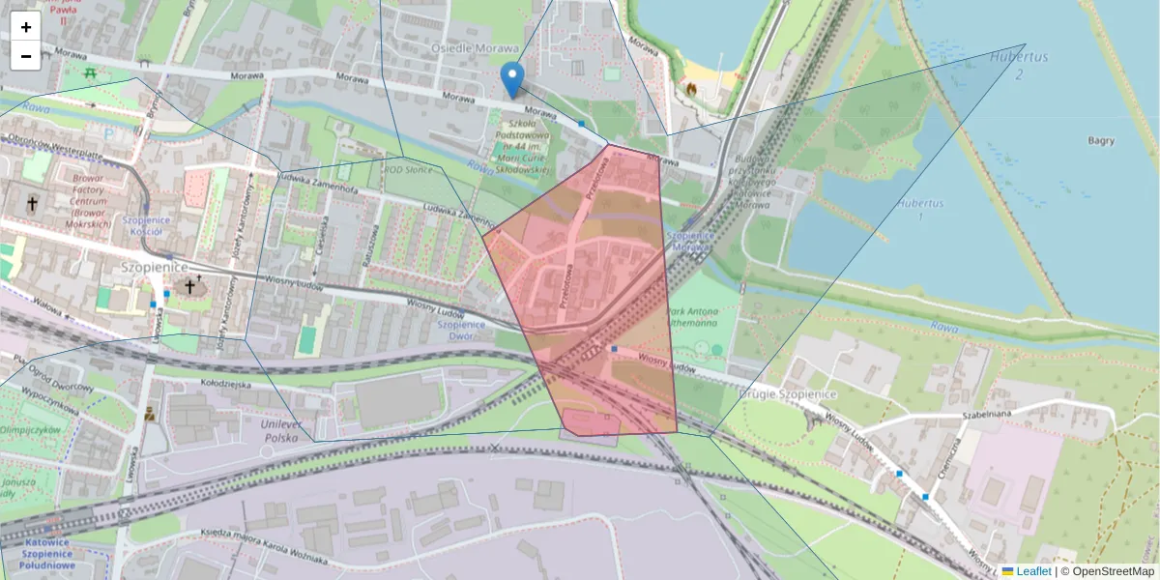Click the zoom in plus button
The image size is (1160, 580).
click(x=26, y=27)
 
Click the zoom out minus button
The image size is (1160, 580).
click(x=26, y=56)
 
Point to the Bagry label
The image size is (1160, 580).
click(x=1100, y=141)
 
